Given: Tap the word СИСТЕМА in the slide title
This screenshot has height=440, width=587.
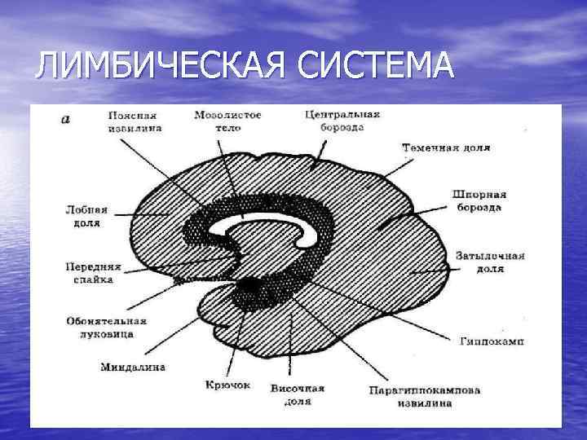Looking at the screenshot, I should tap(375, 65).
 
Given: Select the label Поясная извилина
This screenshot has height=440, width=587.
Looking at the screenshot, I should tap(135, 121).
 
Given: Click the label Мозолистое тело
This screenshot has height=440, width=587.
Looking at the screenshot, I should tap(227, 121).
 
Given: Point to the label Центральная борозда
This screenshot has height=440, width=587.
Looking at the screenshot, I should tap(342, 121).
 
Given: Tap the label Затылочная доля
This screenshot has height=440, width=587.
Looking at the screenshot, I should tap(489, 261).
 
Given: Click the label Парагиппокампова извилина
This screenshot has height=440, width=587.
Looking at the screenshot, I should tap(423, 396).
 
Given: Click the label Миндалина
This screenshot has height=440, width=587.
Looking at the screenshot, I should tap(133, 367).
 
